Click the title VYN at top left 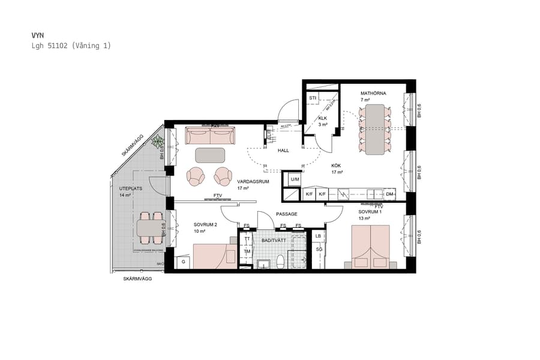click(37, 36)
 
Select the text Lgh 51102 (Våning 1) click(71, 46)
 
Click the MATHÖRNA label click(373, 94)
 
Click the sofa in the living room click(209, 136)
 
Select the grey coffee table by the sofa click(210, 155)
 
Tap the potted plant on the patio click(158, 142)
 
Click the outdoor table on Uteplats click(150, 227)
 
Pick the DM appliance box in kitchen click(390, 194)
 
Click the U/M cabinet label click(295, 179)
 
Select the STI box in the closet click(312, 98)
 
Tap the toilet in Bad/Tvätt click(280, 262)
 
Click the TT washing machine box click(247, 239)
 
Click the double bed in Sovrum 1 click(370, 246)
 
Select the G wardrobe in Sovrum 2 click(184, 262)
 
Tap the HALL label click(283, 151)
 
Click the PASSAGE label click(286, 214)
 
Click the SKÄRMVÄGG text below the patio click(137, 280)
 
